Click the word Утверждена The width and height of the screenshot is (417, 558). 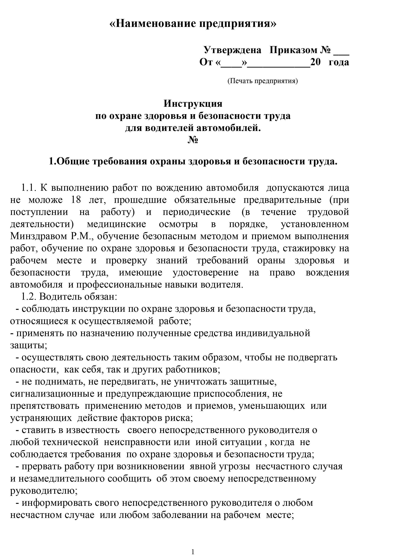(232, 50)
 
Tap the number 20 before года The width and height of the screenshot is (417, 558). (315, 62)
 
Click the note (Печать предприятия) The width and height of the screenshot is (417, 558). (262, 81)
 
